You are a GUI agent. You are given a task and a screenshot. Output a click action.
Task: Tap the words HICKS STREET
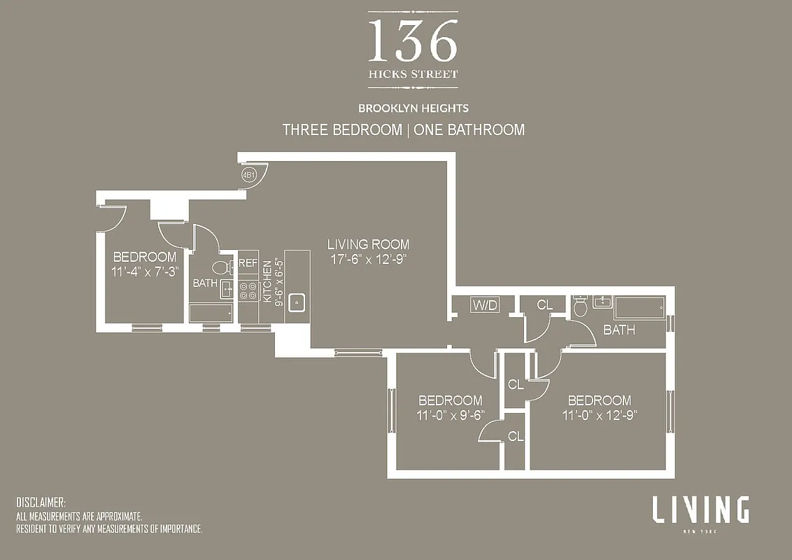[413, 73]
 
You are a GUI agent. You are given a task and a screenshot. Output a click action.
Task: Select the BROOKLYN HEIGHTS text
[413, 108]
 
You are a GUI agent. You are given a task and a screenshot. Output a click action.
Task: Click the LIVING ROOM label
[369, 244]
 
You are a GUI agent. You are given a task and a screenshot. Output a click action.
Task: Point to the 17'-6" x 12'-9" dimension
[368, 258]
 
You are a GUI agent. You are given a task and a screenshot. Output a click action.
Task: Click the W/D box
[485, 305]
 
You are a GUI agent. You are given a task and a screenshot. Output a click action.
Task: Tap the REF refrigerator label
[248, 263]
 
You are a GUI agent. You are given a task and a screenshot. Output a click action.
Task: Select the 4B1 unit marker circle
[248, 175]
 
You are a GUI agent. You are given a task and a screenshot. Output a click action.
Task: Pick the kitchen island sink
[297, 302]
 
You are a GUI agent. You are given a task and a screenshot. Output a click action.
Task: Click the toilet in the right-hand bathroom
[580, 306]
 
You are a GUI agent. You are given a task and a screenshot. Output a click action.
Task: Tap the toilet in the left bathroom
[219, 267]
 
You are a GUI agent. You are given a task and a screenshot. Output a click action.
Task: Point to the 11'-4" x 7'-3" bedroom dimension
[145, 271]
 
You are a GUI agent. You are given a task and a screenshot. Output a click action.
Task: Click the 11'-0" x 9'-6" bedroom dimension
[450, 414]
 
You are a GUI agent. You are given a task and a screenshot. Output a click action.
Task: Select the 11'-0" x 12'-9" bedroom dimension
[600, 414]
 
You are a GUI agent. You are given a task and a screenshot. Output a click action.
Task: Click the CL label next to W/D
[545, 305]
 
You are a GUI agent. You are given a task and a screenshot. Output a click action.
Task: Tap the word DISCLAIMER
[41, 503]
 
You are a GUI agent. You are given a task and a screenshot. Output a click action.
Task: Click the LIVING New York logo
[700, 512]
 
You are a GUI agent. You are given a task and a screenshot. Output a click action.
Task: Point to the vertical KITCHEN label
[267, 281]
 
